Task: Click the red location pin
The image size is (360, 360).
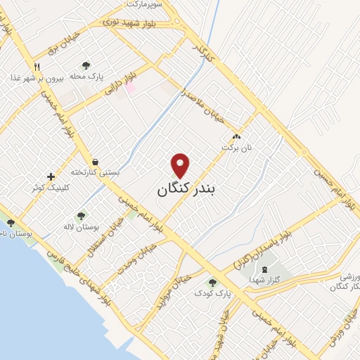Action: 181,165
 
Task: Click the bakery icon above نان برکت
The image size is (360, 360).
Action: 236,138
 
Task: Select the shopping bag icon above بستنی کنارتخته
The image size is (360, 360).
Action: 94,161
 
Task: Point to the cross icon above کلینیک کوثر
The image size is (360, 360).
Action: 50,176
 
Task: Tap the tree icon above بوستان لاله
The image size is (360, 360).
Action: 82,217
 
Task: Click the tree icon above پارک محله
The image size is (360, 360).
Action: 86,65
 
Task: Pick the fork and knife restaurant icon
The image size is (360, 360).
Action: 36,66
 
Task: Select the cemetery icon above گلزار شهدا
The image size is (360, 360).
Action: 264,269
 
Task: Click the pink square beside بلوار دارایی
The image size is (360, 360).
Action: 130,88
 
